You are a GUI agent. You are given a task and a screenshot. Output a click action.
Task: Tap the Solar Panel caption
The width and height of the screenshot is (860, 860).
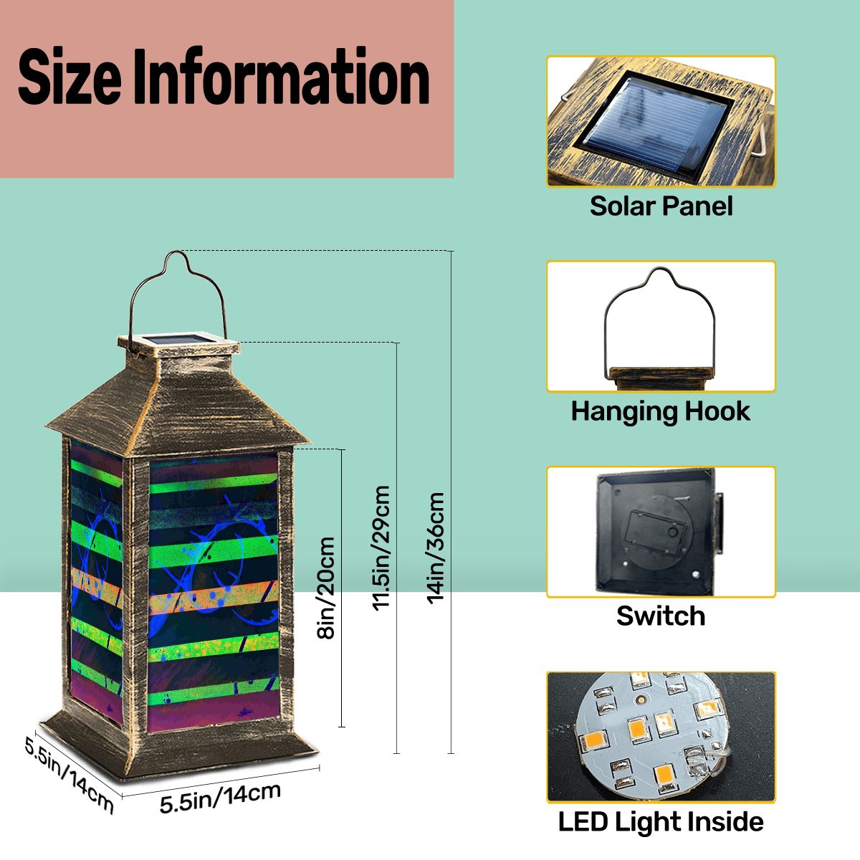click(661, 206)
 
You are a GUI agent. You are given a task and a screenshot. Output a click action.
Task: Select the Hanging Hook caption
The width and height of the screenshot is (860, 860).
click(661, 411)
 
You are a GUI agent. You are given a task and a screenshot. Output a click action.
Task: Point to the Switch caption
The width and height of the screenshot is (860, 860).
click(661, 616)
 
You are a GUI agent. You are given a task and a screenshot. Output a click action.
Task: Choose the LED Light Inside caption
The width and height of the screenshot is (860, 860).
click(661, 821)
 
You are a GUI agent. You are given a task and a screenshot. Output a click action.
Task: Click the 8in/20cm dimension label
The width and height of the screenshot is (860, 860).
click(325, 588)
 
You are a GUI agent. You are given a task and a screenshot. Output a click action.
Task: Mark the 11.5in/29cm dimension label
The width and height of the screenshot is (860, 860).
click(381, 548)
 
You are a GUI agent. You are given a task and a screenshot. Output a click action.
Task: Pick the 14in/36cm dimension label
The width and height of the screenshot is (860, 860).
click(435, 548)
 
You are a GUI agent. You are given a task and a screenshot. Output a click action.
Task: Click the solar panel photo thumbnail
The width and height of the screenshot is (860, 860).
click(661, 121)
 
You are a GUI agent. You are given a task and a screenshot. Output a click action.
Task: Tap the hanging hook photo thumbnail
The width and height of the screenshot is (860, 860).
click(661, 326)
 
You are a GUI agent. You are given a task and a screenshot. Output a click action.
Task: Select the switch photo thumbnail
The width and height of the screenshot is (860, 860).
click(661, 532)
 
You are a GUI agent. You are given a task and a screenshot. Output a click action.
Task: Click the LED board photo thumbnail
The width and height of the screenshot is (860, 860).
click(661, 737)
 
